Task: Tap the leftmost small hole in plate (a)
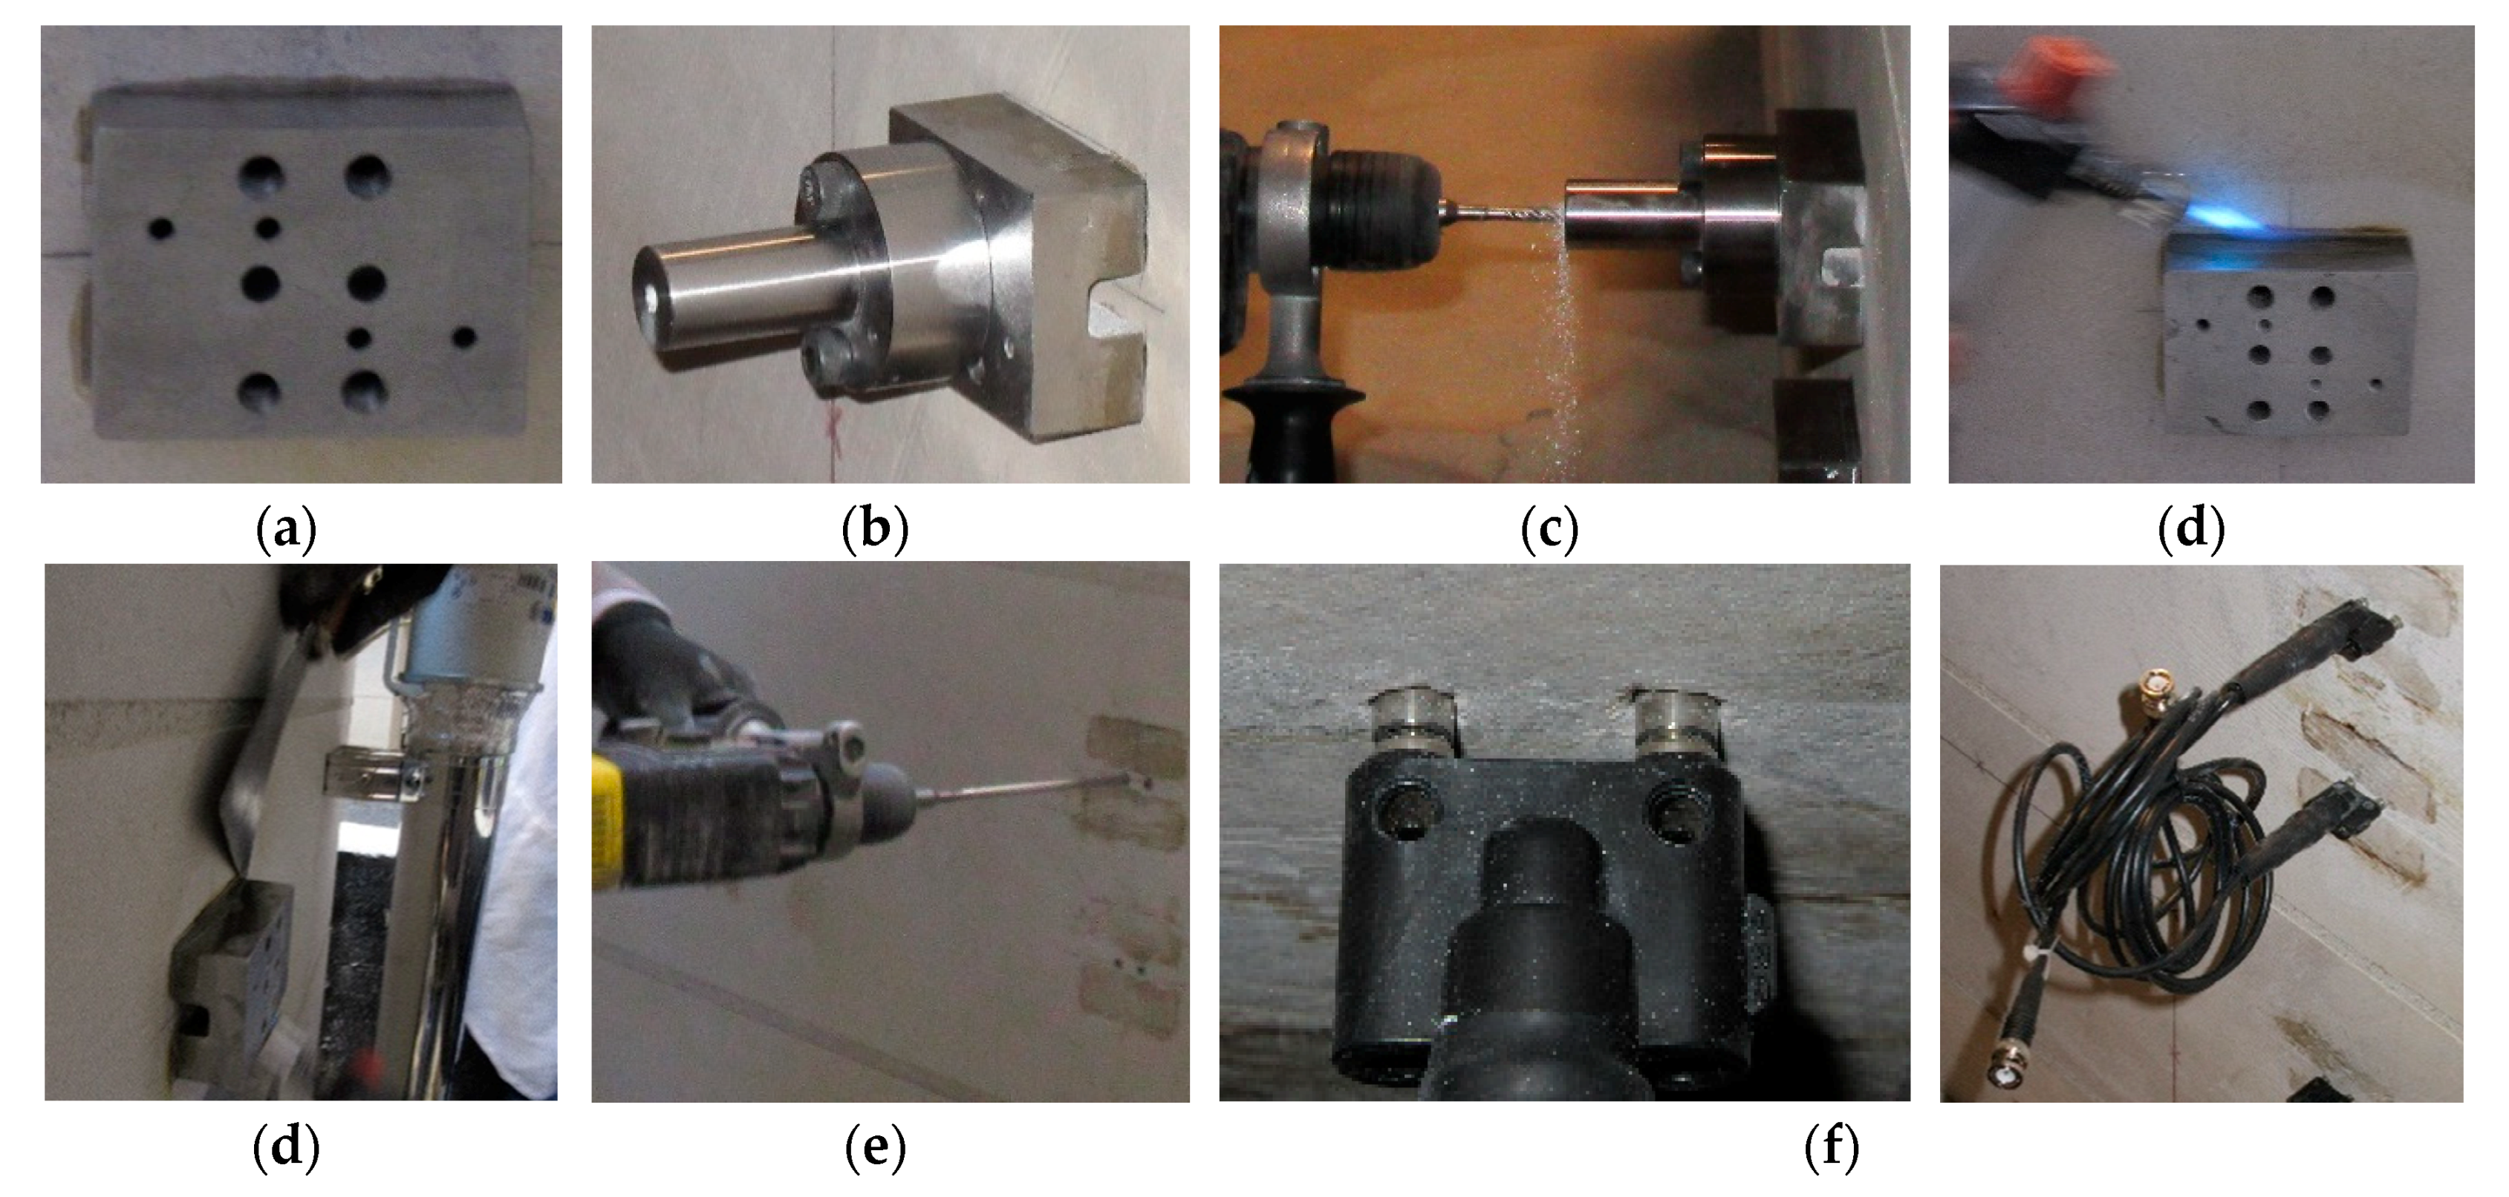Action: click(x=160, y=230)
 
